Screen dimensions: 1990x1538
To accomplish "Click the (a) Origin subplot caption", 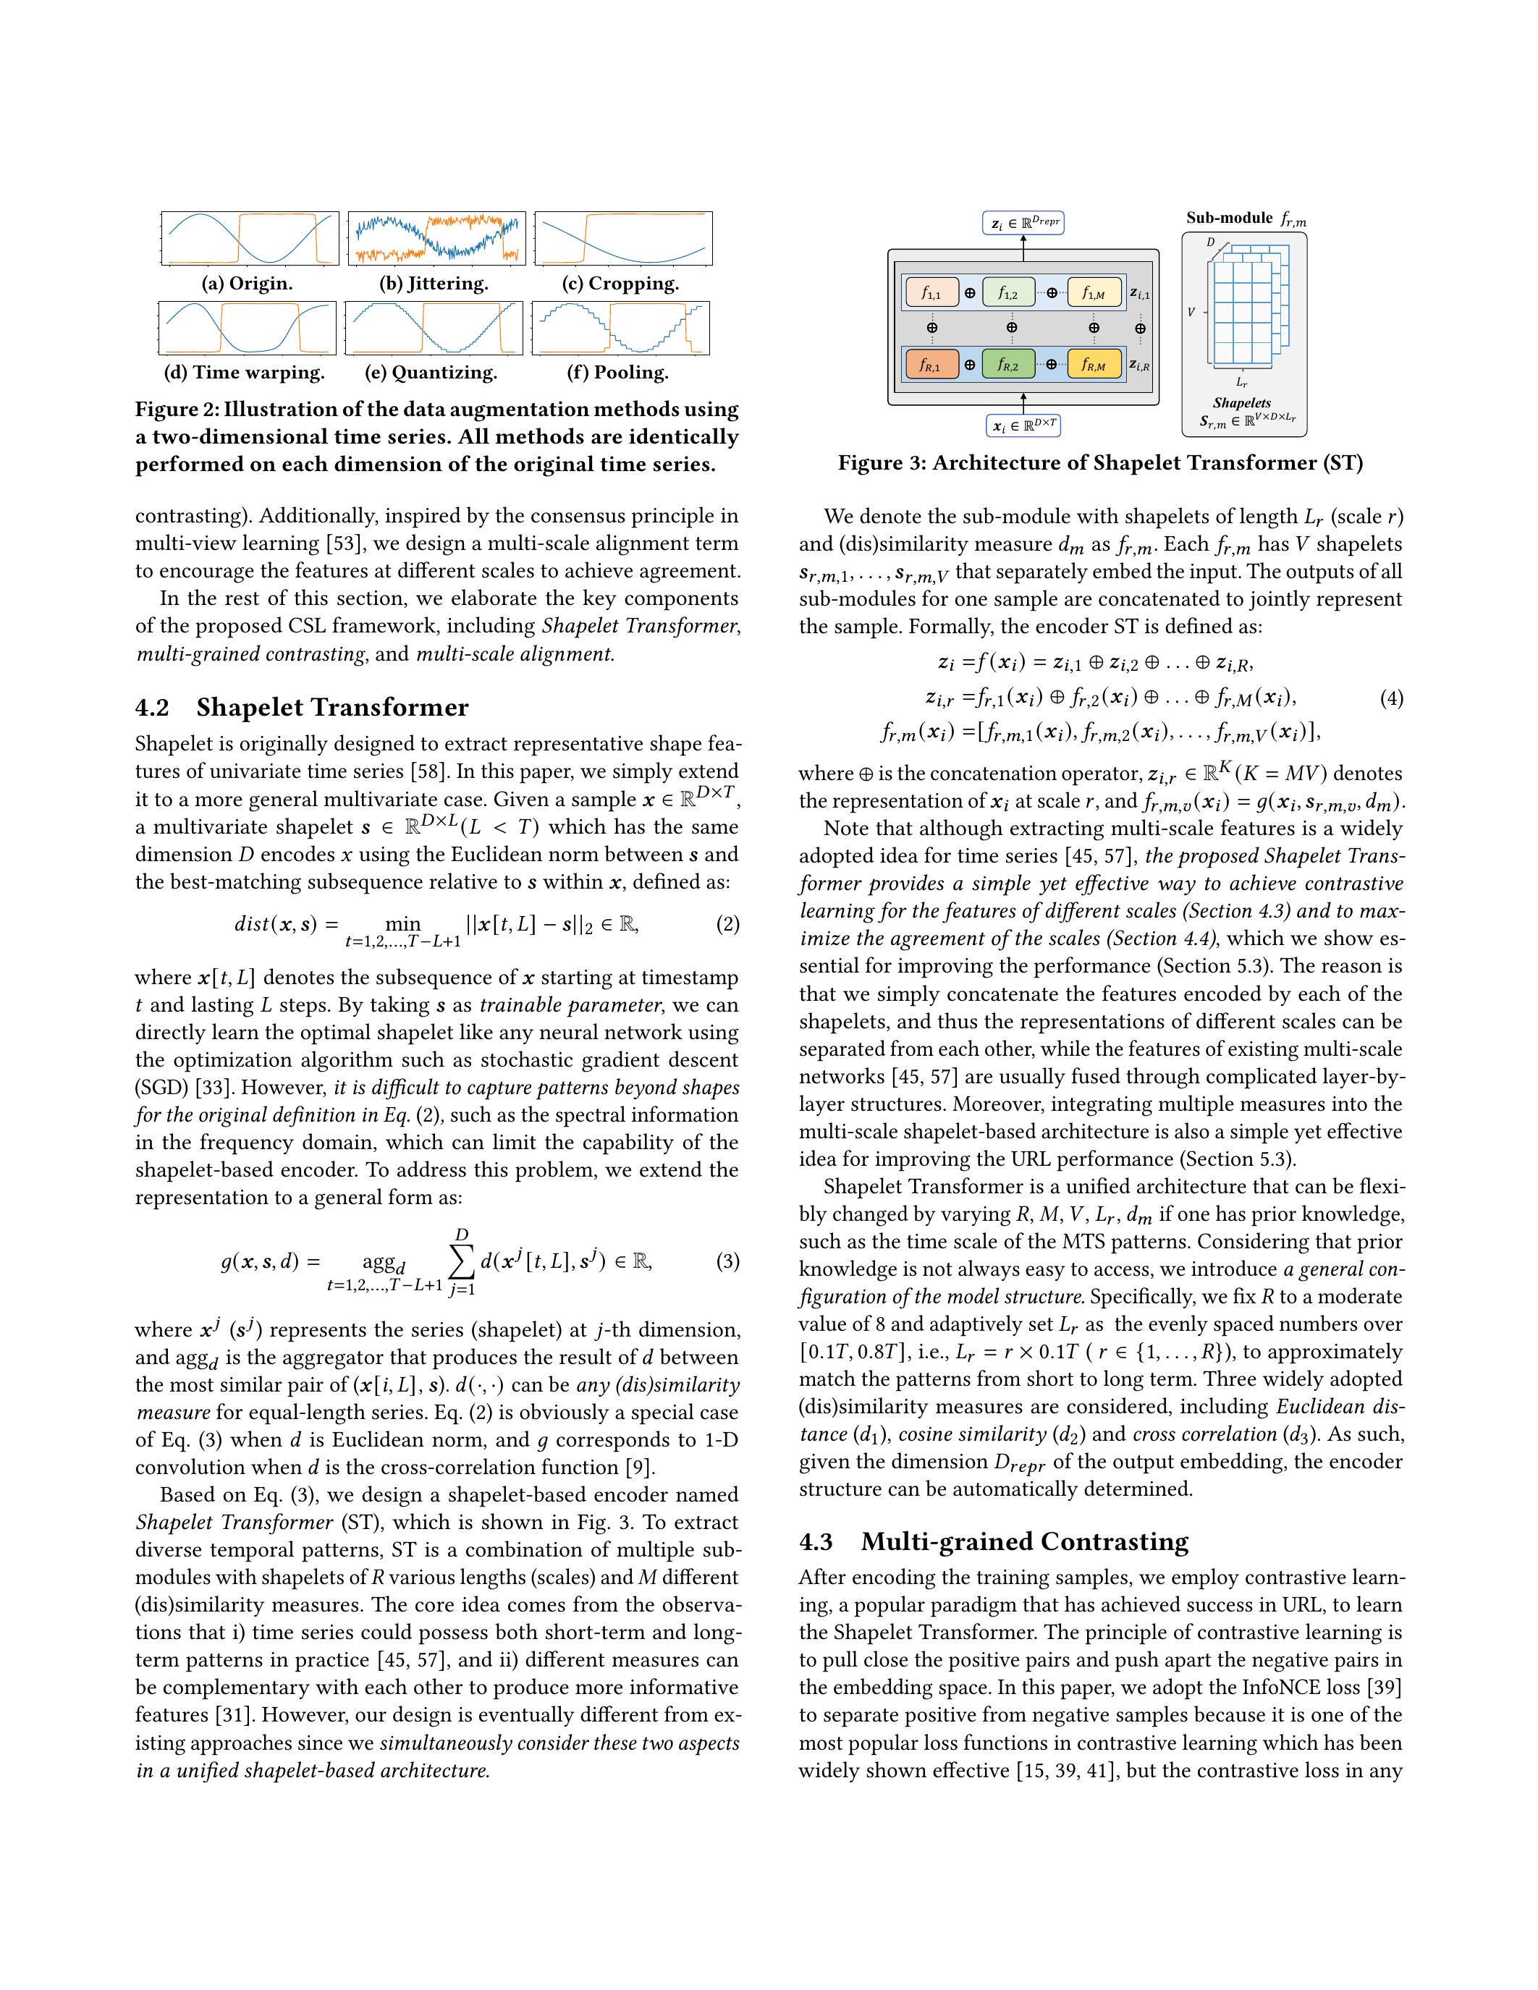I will pyautogui.click(x=247, y=284).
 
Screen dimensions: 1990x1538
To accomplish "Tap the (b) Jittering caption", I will pyautogui.click(x=434, y=284).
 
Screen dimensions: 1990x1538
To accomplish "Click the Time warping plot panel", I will pyautogui.click(x=247, y=328).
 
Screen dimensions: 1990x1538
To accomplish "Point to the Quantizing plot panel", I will pyautogui.click(x=434, y=328).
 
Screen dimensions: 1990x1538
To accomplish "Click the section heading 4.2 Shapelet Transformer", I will pyautogui.click(x=302, y=708).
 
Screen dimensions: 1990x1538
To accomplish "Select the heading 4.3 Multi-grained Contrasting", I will pyautogui.click(x=993, y=1541).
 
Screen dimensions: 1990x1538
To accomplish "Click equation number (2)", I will pyautogui.click(x=727, y=925).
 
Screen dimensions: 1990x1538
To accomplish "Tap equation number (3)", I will pyautogui.click(x=727, y=1262).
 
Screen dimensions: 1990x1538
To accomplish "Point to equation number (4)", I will pyautogui.click(x=1390, y=699).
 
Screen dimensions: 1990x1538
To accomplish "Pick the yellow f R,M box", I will pyautogui.click(x=1094, y=365).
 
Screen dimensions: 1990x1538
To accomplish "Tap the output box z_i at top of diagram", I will pyautogui.click(x=1022, y=222).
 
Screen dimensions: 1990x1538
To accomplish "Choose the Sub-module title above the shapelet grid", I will pyautogui.click(x=1245, y=219).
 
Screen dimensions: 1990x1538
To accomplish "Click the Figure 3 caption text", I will pyautogui.click(x=1099, y=463).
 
